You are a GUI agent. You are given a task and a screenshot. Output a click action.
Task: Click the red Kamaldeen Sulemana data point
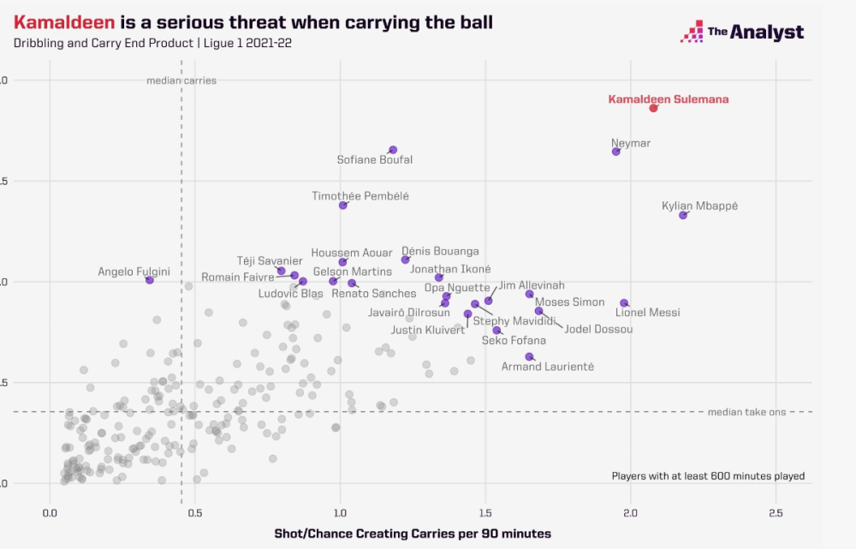pyautogui.click(x=653, y=108)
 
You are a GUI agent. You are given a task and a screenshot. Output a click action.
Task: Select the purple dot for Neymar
pyautogui.click(x=615, y=152)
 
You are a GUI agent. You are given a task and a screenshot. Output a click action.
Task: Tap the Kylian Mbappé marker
pyautogui.click(x=683, y=215)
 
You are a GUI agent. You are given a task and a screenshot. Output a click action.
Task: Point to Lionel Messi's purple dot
pyautogui.click(x=624, y=303)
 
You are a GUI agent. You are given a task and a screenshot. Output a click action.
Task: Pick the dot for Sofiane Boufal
pyautogui.click(x=393, y=150)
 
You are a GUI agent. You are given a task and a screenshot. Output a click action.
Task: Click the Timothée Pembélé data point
pyautogui.click(x=343, y=206)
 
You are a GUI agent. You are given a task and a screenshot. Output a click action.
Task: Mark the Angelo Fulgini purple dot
pyautogui.click(x=150, y=280)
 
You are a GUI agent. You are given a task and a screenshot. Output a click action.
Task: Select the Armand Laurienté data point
pyautogui.click(x=529, y=356)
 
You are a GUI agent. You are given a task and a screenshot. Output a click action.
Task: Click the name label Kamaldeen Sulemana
pyautogui.click(x=669, y=99)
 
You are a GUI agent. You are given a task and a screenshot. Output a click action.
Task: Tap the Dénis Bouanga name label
pyautogui.click(x=440, y=251)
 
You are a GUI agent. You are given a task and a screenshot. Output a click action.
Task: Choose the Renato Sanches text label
pyautogui.click(x=373, y=294)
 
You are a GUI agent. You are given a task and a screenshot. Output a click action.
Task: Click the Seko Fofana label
pyautogui.click(x=514, y=340)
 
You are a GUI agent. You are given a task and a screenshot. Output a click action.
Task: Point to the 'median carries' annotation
pyautogui.click(x=181, y=81)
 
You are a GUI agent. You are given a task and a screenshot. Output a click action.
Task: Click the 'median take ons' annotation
pyautogui.click(x=746, y=412)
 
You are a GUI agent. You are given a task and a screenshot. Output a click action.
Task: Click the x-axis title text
pyautogui.click(x=413, y=534)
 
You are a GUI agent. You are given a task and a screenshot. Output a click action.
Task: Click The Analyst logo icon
pyautogui.click(x=691, y=33)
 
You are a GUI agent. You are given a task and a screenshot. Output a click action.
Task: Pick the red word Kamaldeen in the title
pyautogui.click(x=57, y=21)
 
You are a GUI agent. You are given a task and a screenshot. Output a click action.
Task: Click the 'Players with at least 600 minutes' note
pyautogui.click(x=708, y=476)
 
